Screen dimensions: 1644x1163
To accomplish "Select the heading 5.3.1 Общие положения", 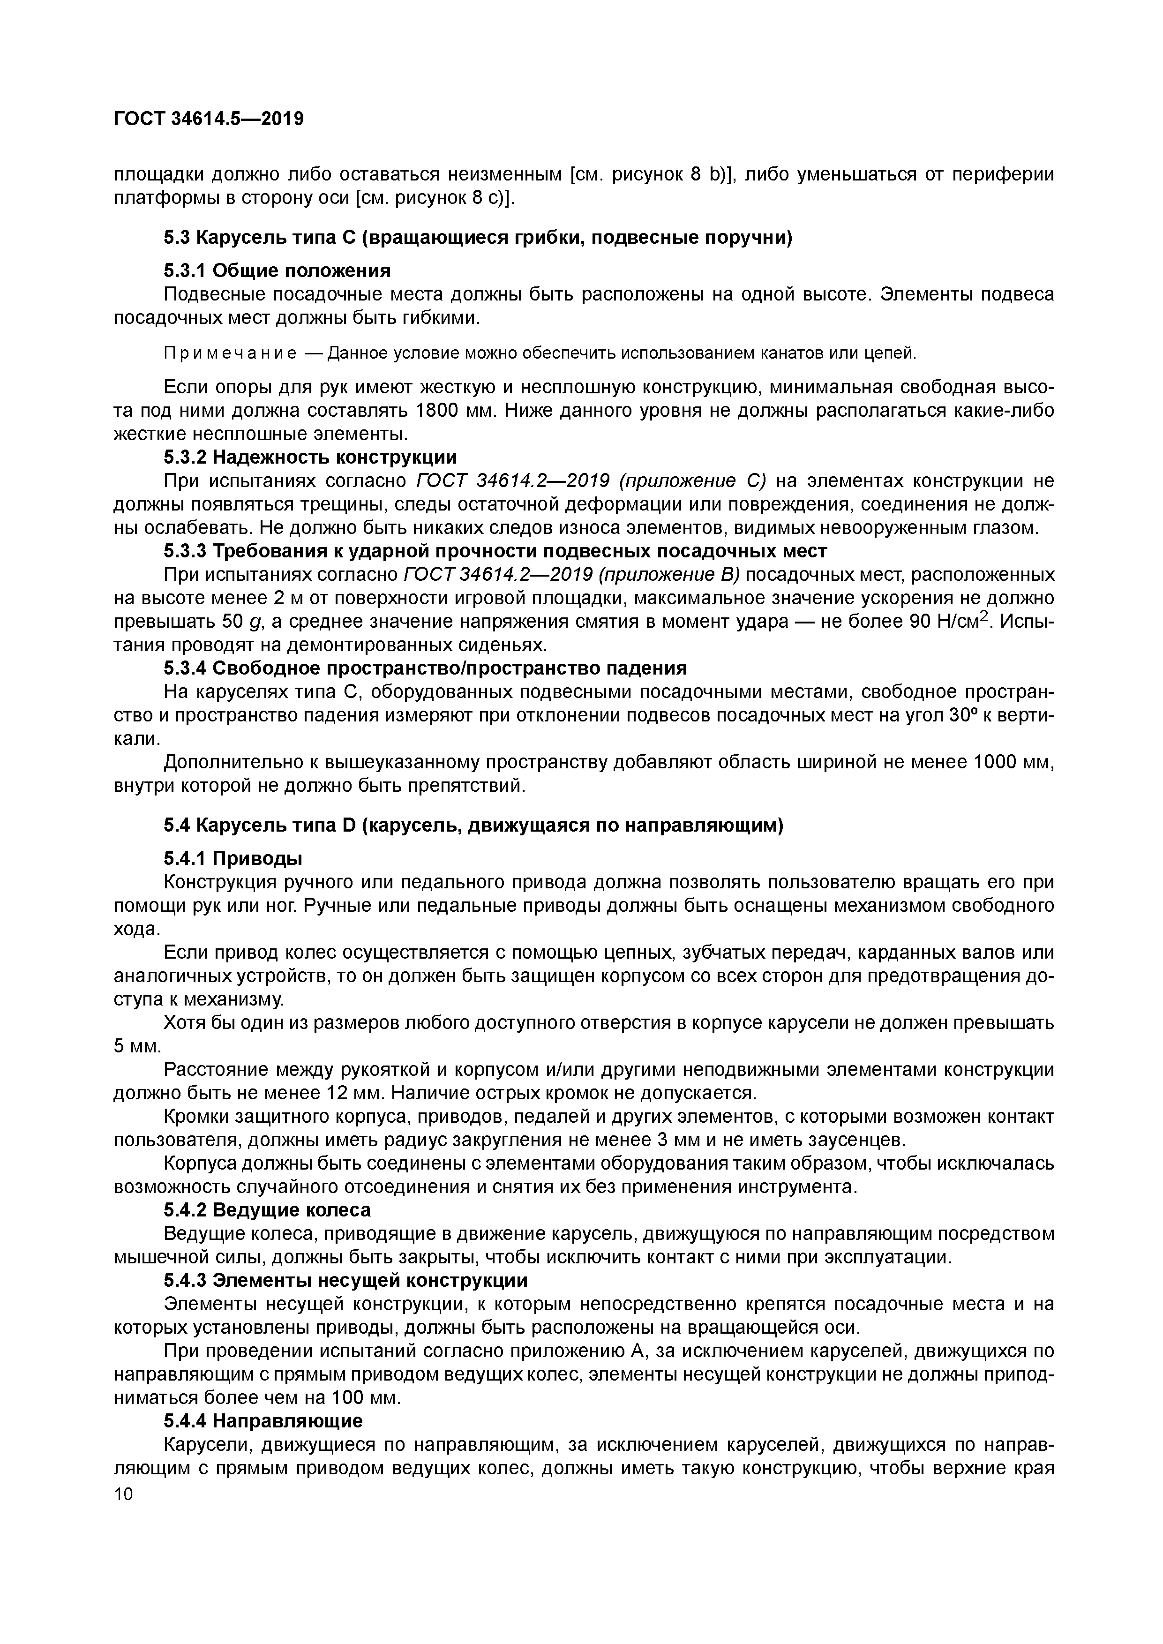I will (x=277, y=270).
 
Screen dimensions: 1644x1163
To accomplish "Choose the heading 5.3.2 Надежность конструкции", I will (x=310, y=457).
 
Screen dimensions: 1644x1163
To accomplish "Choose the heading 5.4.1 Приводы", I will (x=233, y=858).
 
